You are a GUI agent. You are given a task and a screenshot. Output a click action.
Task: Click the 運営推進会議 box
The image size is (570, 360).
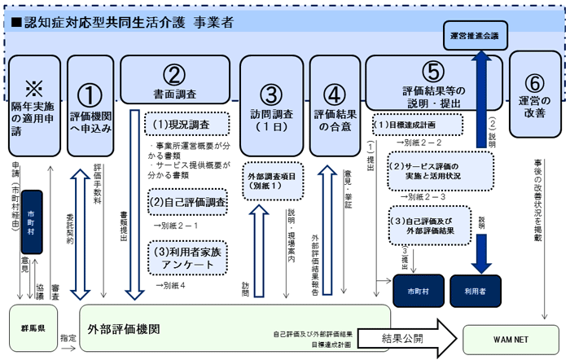477,37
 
